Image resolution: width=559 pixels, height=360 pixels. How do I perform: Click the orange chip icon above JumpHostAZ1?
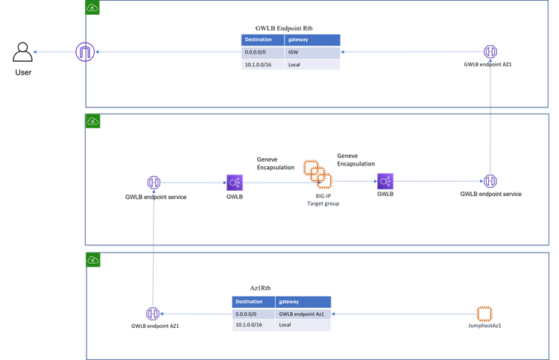[485, 313]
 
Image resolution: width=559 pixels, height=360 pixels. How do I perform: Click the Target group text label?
[323, 202]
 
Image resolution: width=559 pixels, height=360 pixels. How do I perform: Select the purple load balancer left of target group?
[235, 181]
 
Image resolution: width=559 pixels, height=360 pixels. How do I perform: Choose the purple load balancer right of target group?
[385, 181]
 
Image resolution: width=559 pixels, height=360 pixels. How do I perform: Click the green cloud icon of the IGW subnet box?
[92, 7]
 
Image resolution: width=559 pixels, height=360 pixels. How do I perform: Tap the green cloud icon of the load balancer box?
[92, 121]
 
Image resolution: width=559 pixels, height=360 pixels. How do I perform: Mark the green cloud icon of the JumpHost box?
[92, 260]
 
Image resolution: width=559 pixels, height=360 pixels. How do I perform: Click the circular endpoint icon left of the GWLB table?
[152, 314]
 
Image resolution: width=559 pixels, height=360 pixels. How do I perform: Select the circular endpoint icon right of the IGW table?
[490, 52]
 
